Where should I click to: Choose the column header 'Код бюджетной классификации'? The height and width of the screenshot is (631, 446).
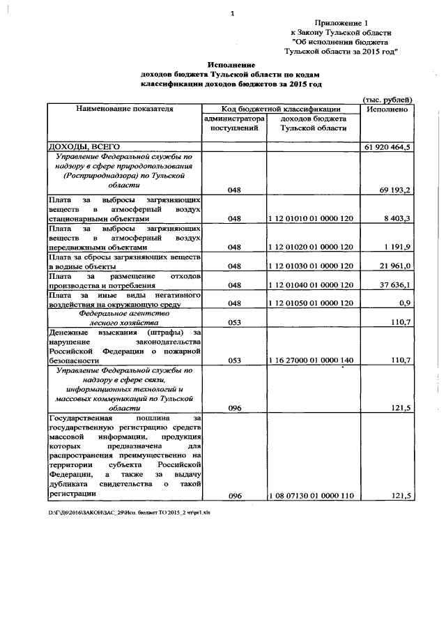click(281, 109)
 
